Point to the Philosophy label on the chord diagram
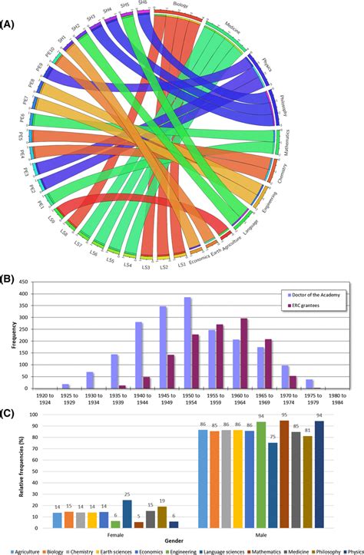[282, 107]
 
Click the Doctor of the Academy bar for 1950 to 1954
[187, 343]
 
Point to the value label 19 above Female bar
[162, 500]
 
